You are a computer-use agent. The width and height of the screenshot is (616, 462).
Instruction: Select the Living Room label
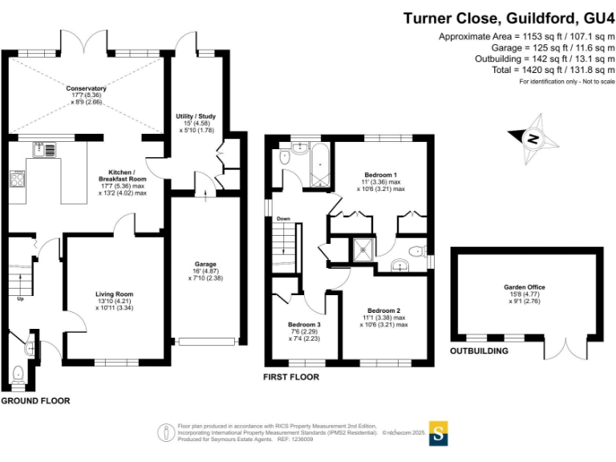point(114,294)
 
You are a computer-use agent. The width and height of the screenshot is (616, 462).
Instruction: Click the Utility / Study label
point(197,116)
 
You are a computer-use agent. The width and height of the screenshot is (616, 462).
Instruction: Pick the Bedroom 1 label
point(381,175)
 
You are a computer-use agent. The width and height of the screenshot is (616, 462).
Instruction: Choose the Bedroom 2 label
point(383,310)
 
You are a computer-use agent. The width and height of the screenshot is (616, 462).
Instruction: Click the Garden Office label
point(524,286)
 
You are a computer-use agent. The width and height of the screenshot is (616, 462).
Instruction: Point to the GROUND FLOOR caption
point(35,400)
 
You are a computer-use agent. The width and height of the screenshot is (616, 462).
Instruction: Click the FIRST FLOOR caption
point(291,376)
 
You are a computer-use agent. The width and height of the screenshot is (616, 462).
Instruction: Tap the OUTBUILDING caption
point(479,351)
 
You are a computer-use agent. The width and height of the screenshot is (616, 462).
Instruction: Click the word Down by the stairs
point(283,218)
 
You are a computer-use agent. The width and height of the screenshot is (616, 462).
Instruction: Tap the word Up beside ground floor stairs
point(20,298)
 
